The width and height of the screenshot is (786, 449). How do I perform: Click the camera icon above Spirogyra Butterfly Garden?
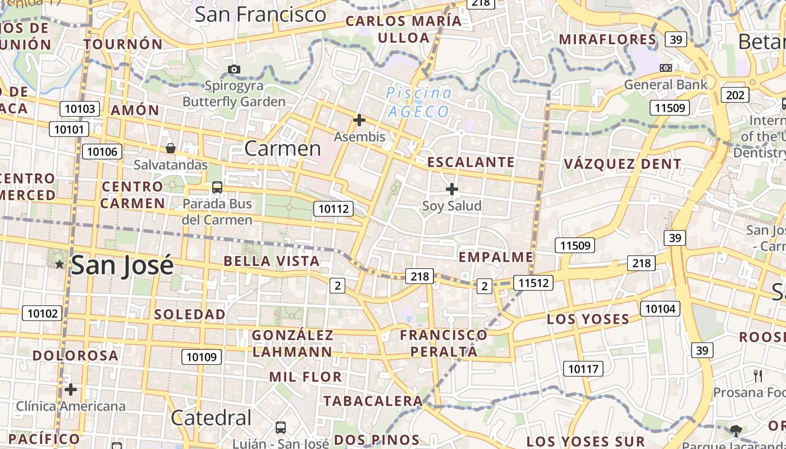[234, 70]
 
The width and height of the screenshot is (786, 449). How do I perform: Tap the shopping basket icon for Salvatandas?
[171, 148]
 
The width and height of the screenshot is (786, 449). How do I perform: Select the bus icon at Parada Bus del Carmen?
[217, 187]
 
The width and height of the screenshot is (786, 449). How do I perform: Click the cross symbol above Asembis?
[359, 120]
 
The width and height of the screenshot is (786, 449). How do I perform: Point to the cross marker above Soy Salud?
[451, 189]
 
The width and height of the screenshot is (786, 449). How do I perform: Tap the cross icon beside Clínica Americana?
[71, 390]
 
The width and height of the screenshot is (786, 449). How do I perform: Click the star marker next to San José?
[60, 264]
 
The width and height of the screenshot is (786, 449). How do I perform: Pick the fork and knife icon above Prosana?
[758, 375]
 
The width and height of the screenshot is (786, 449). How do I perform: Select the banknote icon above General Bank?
[666, 68]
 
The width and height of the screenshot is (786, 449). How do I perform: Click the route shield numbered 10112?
[334, 209]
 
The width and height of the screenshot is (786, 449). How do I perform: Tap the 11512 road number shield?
[533, 283]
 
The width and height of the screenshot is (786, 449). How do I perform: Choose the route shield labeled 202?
[735, 95]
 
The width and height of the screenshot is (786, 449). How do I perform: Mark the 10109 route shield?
[202, 356]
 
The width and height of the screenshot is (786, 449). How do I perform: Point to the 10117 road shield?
[583, 369]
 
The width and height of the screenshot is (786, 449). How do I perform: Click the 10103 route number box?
[80, 109]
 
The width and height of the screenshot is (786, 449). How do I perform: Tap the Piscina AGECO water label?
[419, 102]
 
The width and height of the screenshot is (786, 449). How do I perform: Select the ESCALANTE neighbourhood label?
[471, 162]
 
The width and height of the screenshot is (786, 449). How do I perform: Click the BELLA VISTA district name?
[272, 261]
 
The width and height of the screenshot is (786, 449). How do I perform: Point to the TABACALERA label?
[373, 401]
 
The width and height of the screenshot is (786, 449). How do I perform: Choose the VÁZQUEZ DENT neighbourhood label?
[623, 164]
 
